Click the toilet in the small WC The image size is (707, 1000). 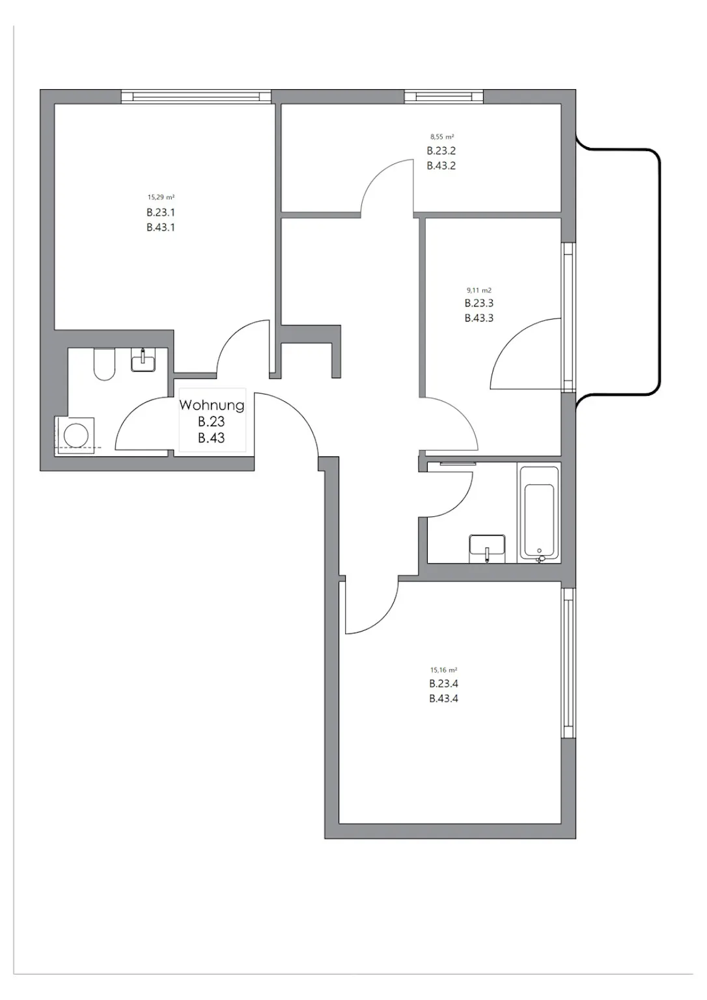click(104, 364)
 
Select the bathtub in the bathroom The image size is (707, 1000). click(539, 514)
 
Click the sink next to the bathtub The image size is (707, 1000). click(487, 549)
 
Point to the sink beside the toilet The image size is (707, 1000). click(143, 360)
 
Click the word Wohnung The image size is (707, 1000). click(212, 405)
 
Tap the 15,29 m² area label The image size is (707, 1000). click(161, 197)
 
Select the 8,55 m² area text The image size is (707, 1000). click(442, 137)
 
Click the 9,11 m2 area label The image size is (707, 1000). click(479, 290)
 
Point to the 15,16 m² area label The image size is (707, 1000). click(443, 670)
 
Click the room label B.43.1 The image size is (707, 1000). click(161, 227)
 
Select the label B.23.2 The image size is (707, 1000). click(441, 150)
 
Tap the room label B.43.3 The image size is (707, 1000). click(479, 318)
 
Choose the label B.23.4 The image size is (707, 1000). click(443, 684)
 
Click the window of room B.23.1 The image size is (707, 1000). click(196, 97)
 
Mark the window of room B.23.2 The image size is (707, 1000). click(443, 97)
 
